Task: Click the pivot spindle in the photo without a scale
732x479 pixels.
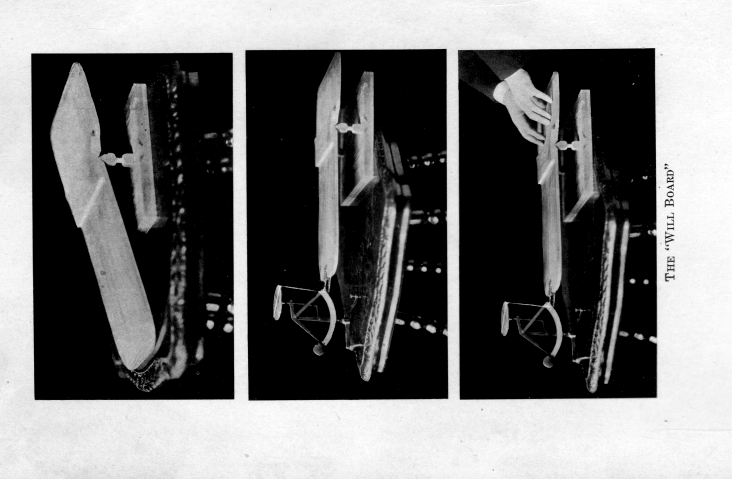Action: (x=117, y=159)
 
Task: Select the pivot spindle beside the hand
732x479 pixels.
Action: (x=567, y=145)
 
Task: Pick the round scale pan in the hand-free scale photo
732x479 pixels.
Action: (x=278, y=303)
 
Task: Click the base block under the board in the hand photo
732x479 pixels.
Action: (x=583, y=154)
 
